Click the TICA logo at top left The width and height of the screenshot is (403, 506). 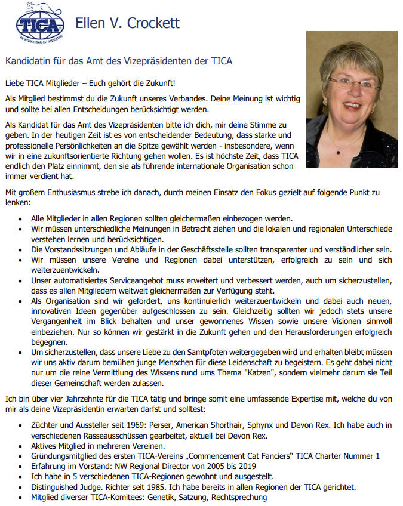point(39,24)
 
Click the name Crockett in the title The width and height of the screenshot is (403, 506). point(152,24)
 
